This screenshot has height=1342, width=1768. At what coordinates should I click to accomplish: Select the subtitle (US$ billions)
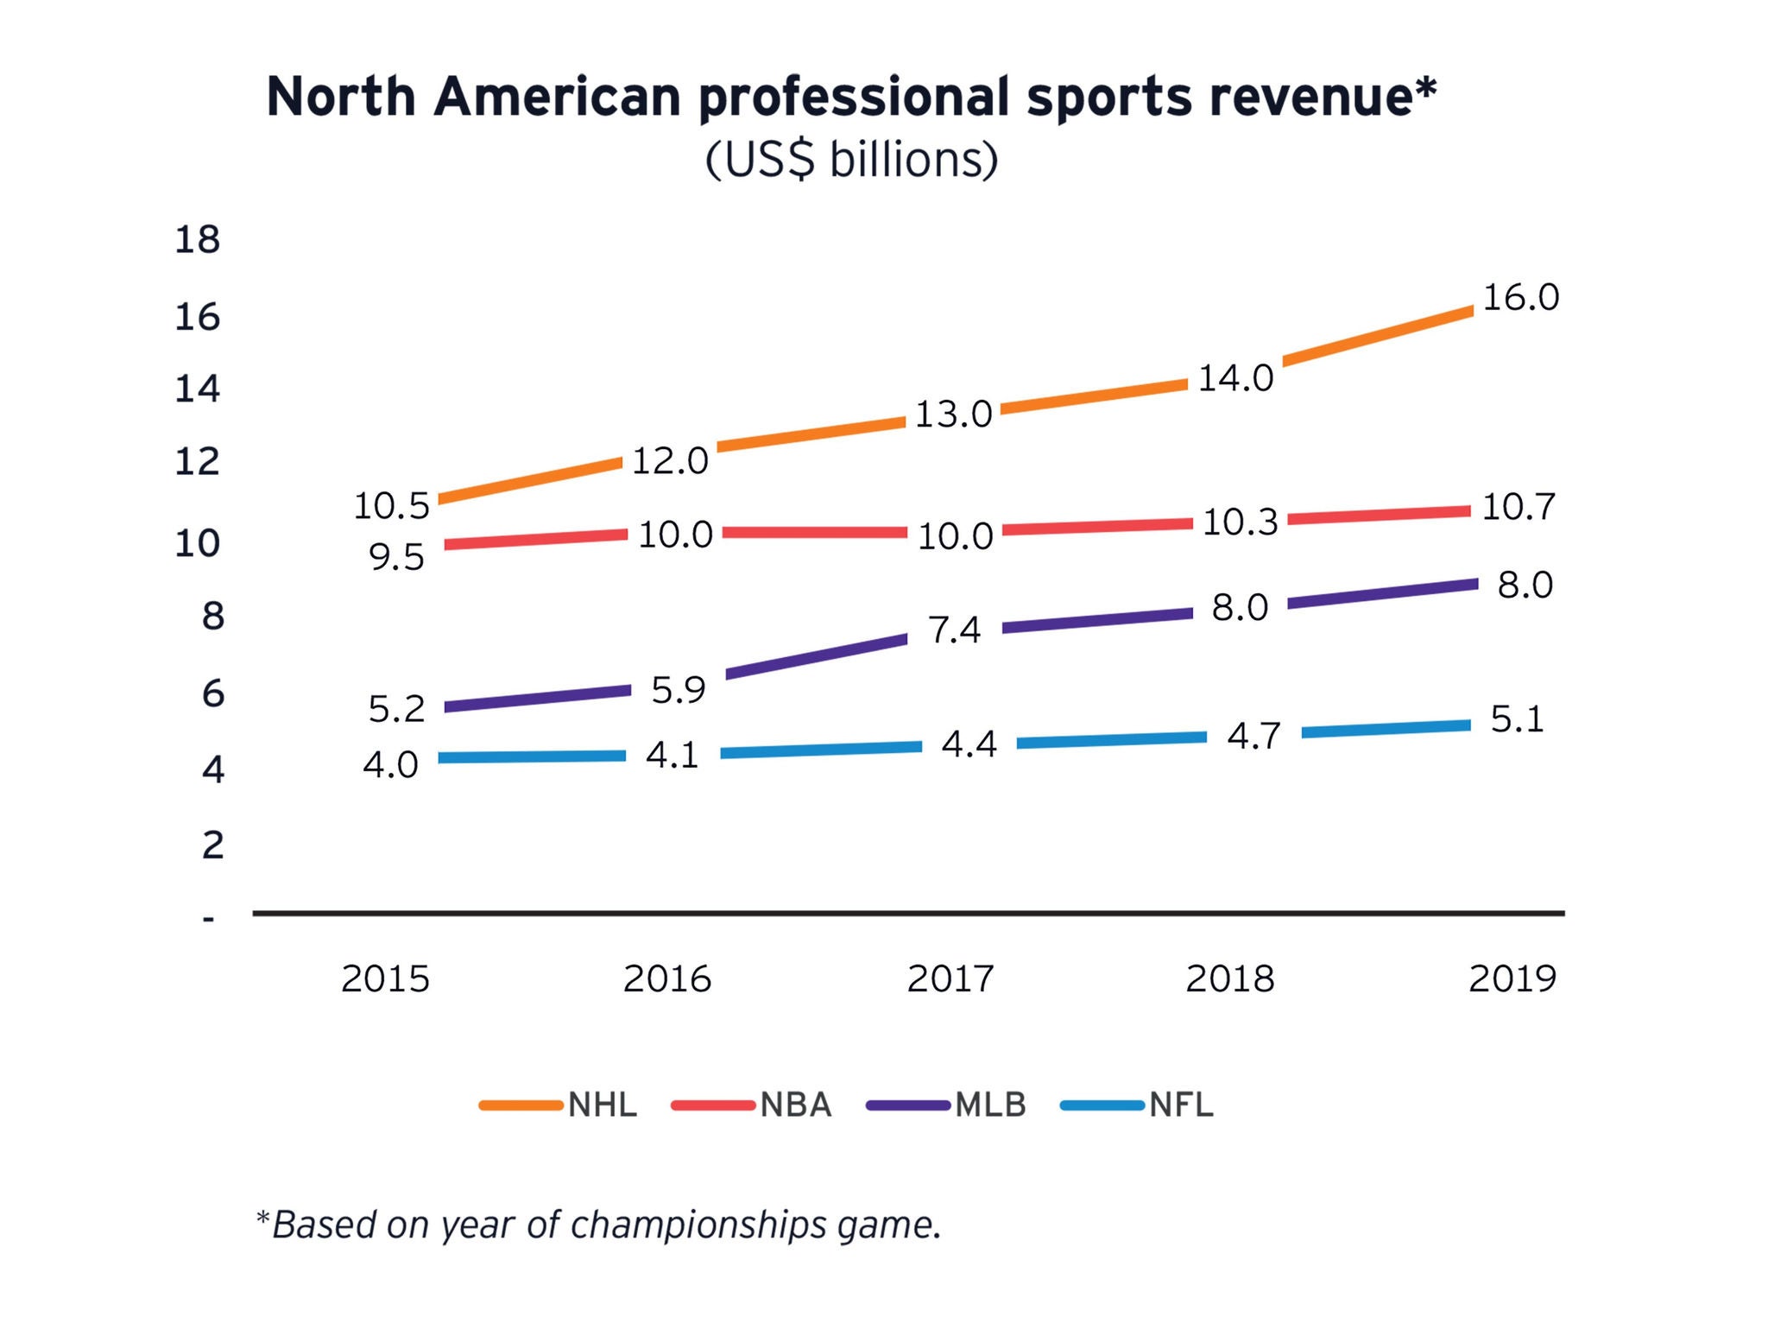(x=851, y=160)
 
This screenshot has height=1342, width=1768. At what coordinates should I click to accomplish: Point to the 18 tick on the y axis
(x=198, y=239)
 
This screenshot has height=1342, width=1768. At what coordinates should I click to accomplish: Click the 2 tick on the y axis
(x=212, y=844)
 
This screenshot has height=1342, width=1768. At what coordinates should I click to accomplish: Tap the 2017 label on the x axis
(x=950, y=978)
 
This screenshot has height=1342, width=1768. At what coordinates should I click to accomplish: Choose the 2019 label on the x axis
(x=1512, y=978)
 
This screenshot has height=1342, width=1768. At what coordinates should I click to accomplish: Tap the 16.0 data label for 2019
(x=1521, y=298)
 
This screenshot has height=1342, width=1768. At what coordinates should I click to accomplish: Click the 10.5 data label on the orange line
(x=391, y=506)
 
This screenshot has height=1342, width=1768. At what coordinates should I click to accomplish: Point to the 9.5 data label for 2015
(x=397, y=558)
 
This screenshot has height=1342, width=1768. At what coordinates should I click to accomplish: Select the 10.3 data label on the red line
(x=1240, y=522)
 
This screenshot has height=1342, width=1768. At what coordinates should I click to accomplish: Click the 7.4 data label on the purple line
(x=954, y=630)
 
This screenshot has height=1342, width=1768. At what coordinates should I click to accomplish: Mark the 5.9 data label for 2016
(x=679, y=690)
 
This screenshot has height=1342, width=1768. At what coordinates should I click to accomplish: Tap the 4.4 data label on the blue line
(x=969, y=744)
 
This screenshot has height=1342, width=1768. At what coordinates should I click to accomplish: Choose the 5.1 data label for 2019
(x=1517, y=719)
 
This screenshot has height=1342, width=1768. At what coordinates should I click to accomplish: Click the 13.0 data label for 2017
(x=953, y=415)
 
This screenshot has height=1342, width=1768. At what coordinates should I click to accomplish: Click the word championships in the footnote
(x=698, y=1225)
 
